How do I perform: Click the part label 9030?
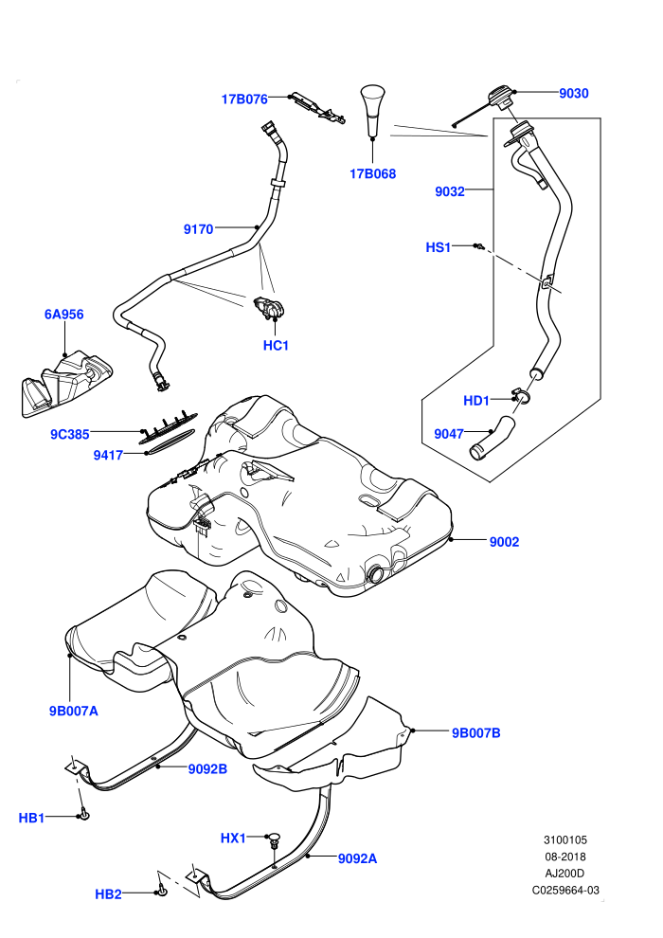tap(573, 93)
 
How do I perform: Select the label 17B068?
tap(372, 174)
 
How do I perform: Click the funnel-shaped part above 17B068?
tap(373, 112)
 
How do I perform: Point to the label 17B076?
tap(244, 99)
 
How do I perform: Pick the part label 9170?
tap(199, 229)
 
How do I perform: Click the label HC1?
tap(276, 345)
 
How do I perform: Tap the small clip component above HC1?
tap(269, 306)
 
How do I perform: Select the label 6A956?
tap(64, 314)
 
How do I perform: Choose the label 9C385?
tap(70, 434)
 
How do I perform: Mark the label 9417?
tap(108, 455)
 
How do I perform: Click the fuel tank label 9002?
tap(504, 542)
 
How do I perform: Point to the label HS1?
tap(439, 247)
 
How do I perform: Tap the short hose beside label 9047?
tap(492, 438)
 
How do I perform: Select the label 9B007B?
tap(475, 732)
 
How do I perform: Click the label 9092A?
tap(357, 858)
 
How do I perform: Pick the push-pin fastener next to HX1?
tap(274, 839)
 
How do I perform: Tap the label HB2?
tap(108, 894)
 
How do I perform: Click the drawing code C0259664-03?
tap(565, 890)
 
